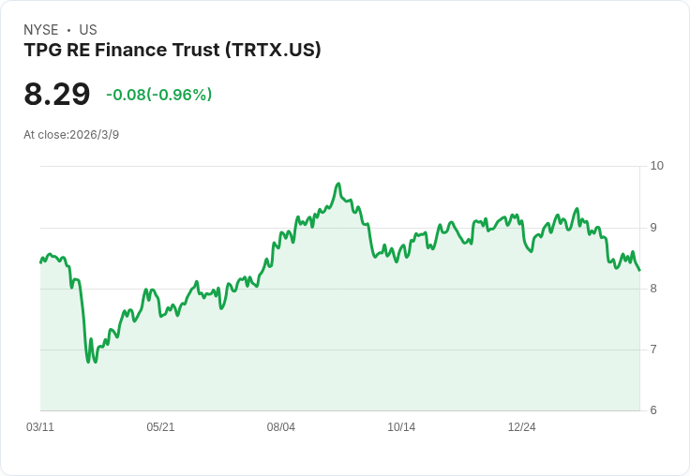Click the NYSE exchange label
pos(41,30)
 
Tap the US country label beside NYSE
pos(88,30)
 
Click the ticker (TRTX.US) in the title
pos(273,51)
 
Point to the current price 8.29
pos(57,95)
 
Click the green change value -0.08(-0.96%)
pos(158,95)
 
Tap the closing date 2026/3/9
pos(95,135)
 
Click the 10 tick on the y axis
pos(656,166)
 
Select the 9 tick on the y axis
pos(653,227)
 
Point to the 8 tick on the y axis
pos(653,289)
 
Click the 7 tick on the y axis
pos(653,350)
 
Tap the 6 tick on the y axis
pos(653,410)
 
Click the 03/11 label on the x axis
pos(40,427)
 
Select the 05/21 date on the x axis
pos(160,427)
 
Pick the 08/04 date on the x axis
pos(281,427)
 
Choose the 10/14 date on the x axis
pos(401,427)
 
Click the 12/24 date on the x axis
pos(522,427)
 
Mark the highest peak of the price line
pos(338,184)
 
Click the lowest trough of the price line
pos(88,362)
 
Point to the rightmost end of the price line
pos(639,271)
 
